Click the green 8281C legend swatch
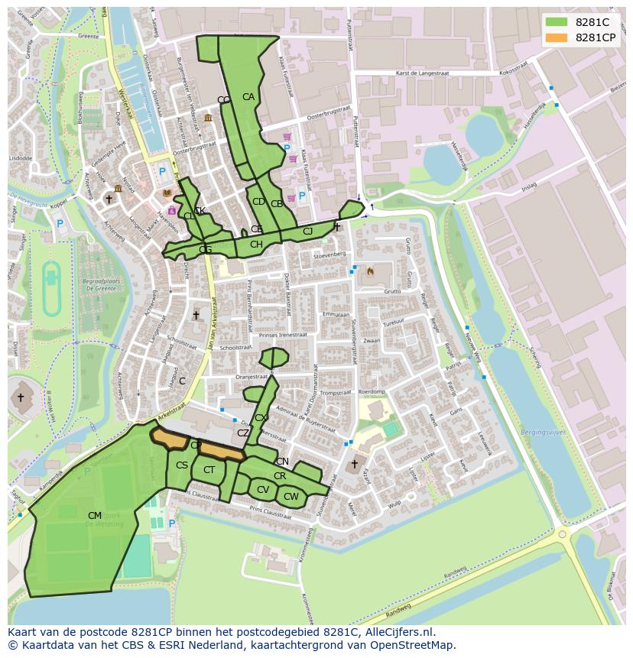(557, 22)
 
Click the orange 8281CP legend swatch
(557, 37)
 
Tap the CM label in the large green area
(95, 516)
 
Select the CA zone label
(248, 97)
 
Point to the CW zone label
(291, 497)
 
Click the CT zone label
(209, 470)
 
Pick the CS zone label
(182, 465)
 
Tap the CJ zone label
(308, 232)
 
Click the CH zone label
(256, 245)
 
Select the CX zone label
(261, 418)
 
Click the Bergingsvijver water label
(543, 433)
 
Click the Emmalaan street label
(335, 314)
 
